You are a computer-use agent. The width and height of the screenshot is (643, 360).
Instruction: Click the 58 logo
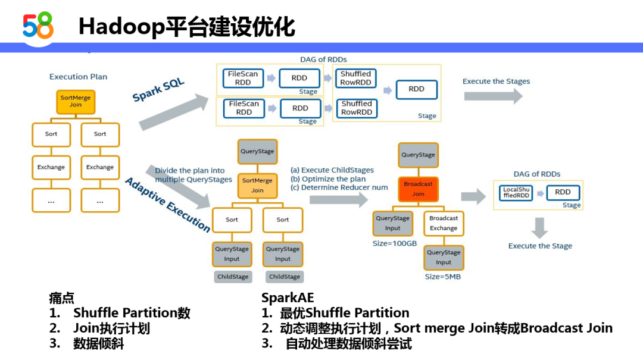click(x=38, y=26)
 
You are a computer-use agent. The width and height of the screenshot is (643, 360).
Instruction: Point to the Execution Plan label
click(x=78, y=77)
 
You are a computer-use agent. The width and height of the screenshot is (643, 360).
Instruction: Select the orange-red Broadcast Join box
click(x=418, y=189)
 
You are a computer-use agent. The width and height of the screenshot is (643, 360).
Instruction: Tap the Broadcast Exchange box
click(x=444, y=223)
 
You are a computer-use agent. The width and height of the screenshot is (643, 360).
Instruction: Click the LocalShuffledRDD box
click(x=516, y=192)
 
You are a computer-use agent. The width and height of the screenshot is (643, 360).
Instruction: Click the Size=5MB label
click(x=443, y=277)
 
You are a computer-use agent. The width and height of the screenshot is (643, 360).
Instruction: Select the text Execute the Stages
click(x=496, y=82)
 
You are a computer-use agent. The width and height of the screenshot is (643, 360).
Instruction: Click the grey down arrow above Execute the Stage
click(x=540, y=227)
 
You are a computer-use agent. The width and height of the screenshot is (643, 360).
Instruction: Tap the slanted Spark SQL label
click(x=158, y=90)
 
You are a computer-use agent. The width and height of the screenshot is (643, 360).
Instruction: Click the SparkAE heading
click(x=288, y=298)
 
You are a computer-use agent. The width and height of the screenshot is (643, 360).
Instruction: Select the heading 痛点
click(x=61, y=298)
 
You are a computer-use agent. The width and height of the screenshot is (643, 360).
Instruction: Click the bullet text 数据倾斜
click(x=98, y=343)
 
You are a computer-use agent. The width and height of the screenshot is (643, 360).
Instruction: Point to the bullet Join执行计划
click(x=111, y=328)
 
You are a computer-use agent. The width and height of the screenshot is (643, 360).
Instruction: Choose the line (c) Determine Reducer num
click(x=339, y=187)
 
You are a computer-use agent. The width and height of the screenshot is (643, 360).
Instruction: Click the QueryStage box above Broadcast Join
click(x=418, y=155)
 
